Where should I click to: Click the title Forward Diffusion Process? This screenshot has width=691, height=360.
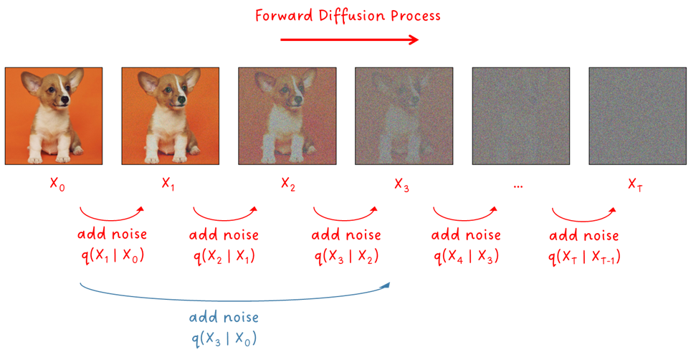point(348,16)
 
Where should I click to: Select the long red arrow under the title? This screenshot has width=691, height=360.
point(350,40)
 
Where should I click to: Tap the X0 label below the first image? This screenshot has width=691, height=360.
point(57,184)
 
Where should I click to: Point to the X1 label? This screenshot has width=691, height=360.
point(168,183)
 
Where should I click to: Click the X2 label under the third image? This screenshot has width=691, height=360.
point(288,184)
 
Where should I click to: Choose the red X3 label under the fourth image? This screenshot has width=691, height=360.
point(401,184)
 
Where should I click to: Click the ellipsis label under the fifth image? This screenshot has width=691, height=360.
point(518,187)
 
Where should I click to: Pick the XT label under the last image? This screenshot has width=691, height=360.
point(635,184)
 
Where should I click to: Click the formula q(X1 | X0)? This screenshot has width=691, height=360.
point(113,255)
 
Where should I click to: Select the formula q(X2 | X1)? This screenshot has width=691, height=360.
point(224,256)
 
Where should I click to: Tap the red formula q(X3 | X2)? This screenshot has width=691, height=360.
point(346,256)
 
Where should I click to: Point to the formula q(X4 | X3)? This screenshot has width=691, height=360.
point(466,256)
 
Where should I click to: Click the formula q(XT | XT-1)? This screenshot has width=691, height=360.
point(584,256)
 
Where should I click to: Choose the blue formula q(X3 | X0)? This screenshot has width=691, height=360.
point(224,338)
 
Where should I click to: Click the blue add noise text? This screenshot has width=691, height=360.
point(224,317)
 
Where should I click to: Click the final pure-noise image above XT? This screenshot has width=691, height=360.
point(638,116)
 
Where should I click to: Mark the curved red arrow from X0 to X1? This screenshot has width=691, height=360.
point(111,219)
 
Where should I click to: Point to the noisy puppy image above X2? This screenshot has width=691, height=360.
point(287,116)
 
